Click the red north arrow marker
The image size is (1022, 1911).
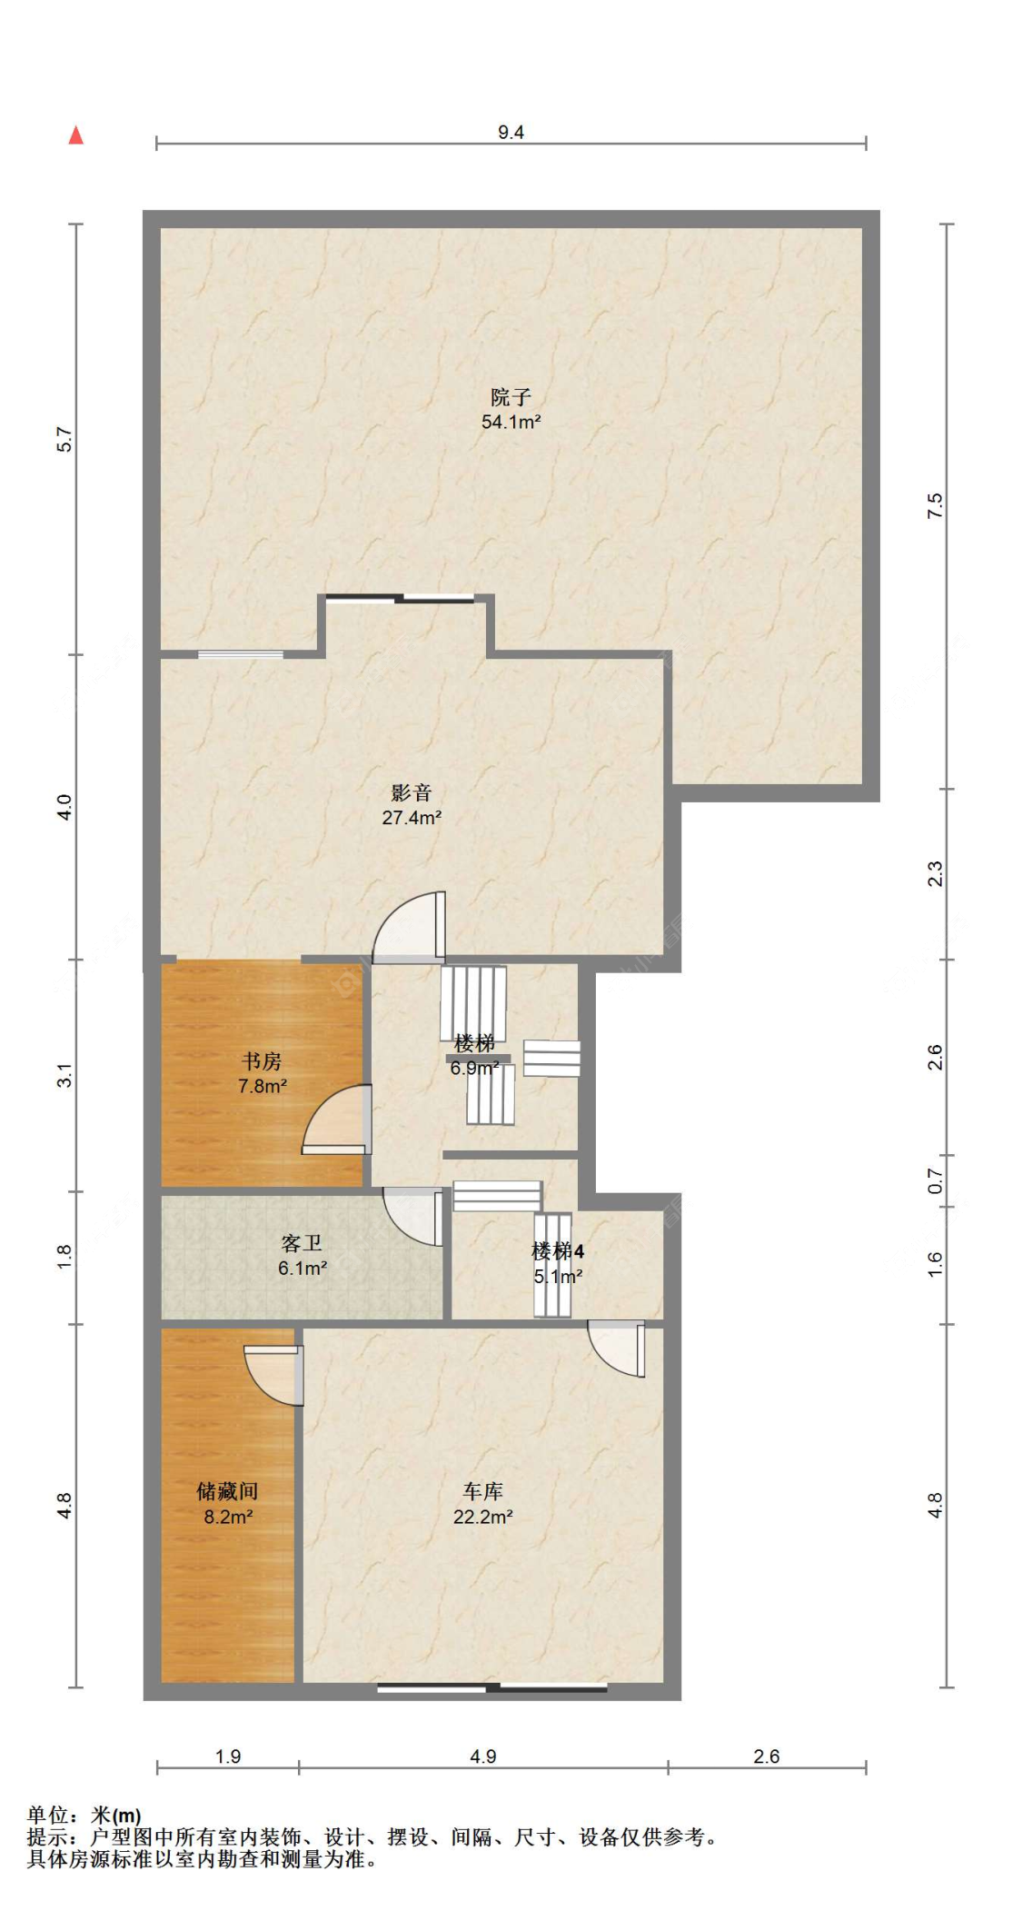pos(76,135)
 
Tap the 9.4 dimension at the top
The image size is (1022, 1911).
pos(511,133)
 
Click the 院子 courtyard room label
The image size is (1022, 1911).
pos(511,397)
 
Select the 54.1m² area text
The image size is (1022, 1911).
pos(511,422)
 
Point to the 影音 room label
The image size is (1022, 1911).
pos(412,793)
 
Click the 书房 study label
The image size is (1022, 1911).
pos(262,1061)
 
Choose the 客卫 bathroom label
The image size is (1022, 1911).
pos(302,1243)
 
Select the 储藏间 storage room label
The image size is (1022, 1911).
pos(227,1491)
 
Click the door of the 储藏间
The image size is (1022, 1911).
pos(274,1375)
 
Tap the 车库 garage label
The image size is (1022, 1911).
pos(482,1491)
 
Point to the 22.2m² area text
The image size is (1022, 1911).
pos(482,1517)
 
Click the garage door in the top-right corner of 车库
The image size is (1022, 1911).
pos(617,1349)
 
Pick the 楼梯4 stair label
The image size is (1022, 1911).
pos(558,1251)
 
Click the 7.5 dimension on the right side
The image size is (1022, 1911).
pos(935,506)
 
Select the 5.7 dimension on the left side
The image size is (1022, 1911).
pos(64,440)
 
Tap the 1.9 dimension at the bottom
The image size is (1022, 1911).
pos(228,1757)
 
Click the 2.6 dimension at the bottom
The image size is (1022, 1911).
pos(767,1757)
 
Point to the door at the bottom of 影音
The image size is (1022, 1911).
pos(410,927)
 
